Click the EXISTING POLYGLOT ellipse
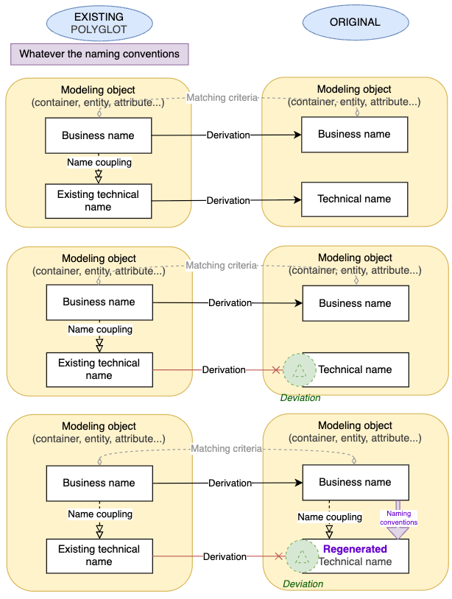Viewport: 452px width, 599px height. tap(99, 23)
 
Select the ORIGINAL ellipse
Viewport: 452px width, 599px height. tap(355, 22)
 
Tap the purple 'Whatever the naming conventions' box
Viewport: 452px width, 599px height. tap(99, 54)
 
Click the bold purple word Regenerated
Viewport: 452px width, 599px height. tap(355, 549)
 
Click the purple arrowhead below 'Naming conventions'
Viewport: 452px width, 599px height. tap(398, 533)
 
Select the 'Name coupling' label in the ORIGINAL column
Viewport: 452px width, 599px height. tap(330, 517)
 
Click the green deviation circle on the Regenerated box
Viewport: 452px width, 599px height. tap(300, 557)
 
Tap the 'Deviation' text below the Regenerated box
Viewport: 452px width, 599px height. tap(303, 584)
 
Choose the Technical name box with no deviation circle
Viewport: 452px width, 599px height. tap(355, 199)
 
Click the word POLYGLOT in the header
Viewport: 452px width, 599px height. tap(99, 30)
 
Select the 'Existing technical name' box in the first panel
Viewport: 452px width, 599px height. tap(98, 201)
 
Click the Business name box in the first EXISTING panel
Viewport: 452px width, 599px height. tap(98, 135)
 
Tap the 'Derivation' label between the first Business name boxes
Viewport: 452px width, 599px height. tap(227, 135)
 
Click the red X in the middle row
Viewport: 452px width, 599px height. tap(277, 370)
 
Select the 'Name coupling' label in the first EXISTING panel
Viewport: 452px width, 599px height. tap(99, 162)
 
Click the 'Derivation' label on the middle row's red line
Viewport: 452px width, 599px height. tap(223, 369)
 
